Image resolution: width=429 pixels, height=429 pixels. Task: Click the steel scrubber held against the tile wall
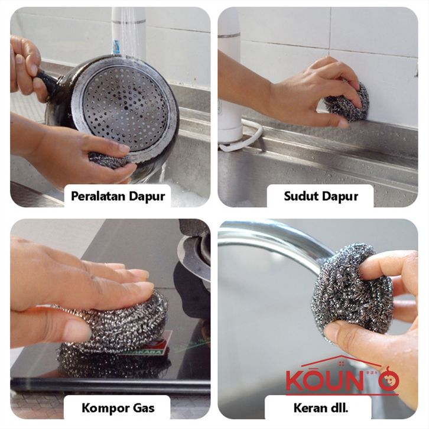point(347,103)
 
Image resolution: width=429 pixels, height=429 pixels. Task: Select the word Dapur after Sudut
point(340,196)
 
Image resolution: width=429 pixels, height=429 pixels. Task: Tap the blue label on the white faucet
point(116,47)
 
